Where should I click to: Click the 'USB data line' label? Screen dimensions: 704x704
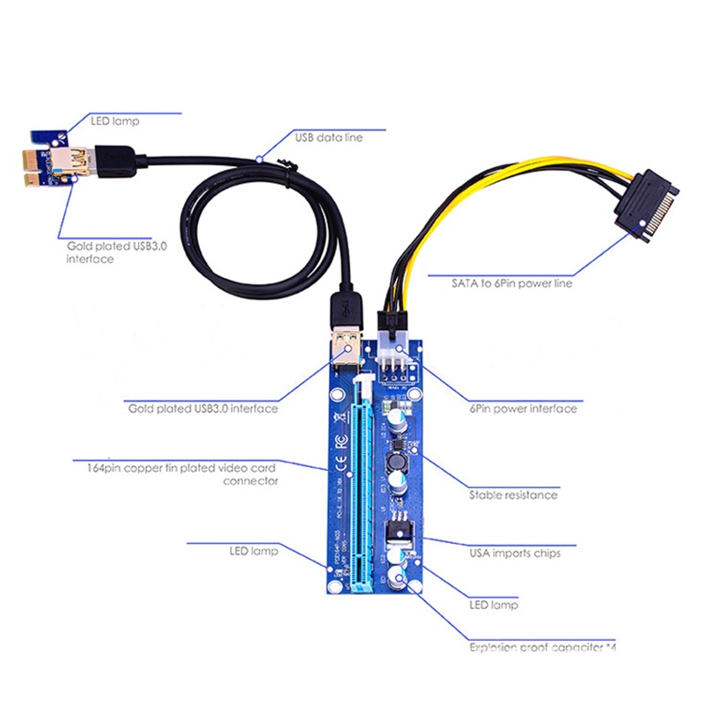tap(327, 137)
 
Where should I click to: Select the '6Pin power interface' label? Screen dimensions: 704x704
tap(523, 408)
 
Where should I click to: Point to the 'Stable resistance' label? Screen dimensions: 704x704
tap(513, 495)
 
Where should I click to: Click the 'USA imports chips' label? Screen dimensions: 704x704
tap(515, 553)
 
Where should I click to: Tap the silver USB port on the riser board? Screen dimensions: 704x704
tap(346, 352)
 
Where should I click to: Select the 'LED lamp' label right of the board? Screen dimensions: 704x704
tap(493, 605)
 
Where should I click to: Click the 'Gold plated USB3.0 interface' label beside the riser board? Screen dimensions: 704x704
tap(203, 408)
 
